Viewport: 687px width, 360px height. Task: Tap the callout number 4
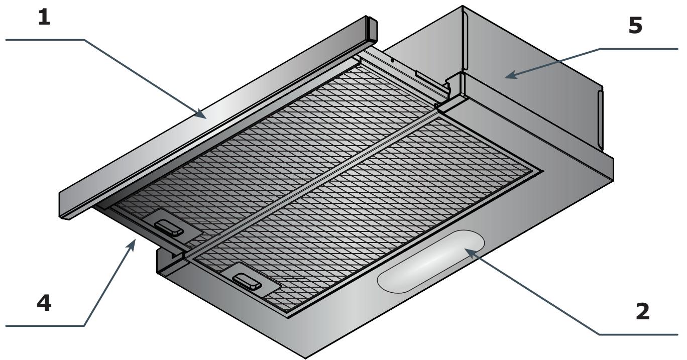click(x=46, y=303)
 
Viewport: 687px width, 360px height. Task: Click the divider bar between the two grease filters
click(x=311, y=185)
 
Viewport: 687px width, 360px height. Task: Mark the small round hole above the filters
click(x=392, y=61)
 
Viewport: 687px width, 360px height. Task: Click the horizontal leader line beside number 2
click(x=638, y=334)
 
